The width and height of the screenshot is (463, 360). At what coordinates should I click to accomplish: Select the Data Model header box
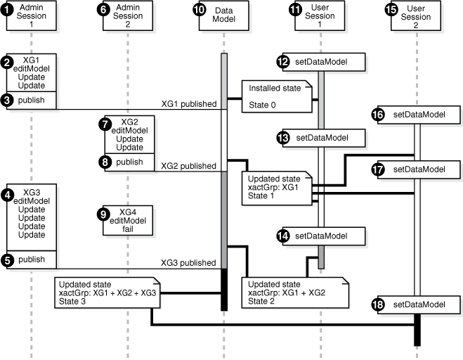click(225, 16)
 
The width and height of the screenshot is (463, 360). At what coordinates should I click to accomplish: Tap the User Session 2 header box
click(419, 16)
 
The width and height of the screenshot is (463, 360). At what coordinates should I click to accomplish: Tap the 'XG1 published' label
click(188, 103)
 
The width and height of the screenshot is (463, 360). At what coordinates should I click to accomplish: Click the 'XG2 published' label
click(188, 166)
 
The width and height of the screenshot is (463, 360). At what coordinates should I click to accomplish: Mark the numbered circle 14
click(284, 236)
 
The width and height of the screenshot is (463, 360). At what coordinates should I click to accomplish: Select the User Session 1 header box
click(320, 16)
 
